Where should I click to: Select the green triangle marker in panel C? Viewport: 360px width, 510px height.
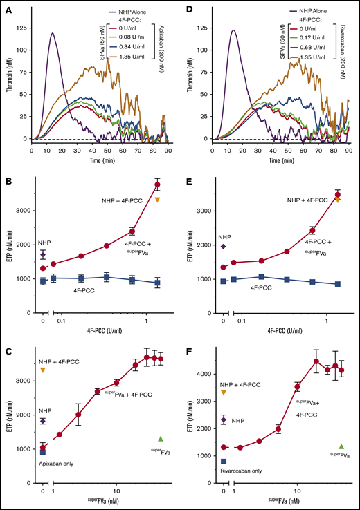click(161, 439)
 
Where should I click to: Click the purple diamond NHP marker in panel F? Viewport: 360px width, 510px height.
click(224, 419)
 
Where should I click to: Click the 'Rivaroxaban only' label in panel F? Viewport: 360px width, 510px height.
click(240, 471)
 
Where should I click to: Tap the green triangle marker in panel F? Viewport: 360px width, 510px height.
click(341, 447)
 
